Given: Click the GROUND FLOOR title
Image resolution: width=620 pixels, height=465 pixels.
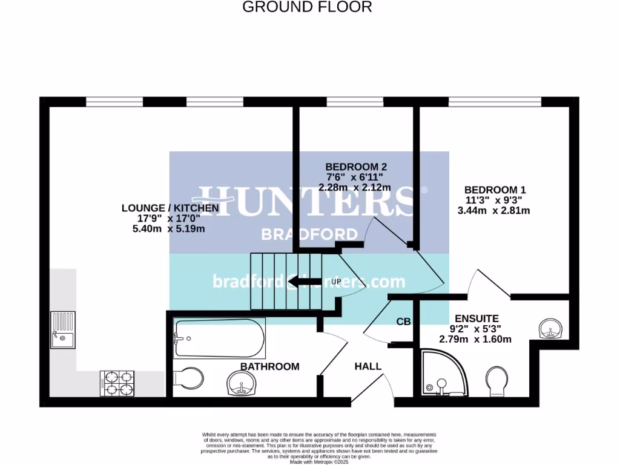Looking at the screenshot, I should pos(307,7).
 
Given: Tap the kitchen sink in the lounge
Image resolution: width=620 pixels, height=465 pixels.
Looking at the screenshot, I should pos(63,329).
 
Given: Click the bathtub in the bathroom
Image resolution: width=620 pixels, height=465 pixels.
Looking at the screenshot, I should pos(219,338).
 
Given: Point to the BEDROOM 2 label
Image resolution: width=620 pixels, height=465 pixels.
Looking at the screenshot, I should pos(356,167).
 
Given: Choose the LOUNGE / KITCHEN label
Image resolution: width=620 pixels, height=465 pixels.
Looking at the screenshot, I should pos(170,208).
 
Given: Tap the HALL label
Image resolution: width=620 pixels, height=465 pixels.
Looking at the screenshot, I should pos(368,366).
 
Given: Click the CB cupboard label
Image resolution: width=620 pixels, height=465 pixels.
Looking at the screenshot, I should pos(404,322).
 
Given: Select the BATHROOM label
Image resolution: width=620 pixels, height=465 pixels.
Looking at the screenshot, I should pos(270,366).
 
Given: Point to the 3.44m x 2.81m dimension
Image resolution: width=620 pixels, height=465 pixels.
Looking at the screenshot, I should pos(494,211).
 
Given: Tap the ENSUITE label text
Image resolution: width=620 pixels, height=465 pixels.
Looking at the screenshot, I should pos(477,318).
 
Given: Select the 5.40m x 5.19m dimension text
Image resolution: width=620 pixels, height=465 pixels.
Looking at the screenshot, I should pos(163,229).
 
